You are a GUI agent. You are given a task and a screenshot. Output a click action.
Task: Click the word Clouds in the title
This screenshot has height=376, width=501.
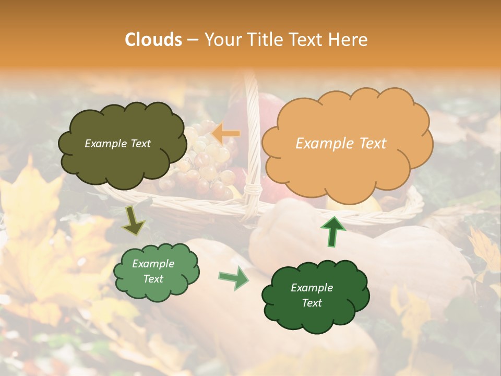153,40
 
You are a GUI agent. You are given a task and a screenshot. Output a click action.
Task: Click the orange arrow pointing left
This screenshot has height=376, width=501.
225,134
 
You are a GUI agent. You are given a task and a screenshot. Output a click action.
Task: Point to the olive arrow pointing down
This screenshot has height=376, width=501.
133,221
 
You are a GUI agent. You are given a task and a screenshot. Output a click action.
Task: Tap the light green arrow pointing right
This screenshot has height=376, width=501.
234,277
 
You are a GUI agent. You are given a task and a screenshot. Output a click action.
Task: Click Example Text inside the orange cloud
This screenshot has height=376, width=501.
341,144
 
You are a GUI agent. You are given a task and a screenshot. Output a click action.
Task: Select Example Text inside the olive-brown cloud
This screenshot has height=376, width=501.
117,144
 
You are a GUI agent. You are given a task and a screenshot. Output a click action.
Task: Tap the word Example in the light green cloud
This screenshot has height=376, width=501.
153,264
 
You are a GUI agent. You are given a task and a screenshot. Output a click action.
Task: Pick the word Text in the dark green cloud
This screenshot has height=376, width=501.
312,303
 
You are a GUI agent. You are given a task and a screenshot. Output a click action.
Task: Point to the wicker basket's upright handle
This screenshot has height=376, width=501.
252,136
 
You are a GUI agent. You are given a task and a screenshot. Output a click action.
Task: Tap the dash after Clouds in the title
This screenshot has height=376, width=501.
193,40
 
